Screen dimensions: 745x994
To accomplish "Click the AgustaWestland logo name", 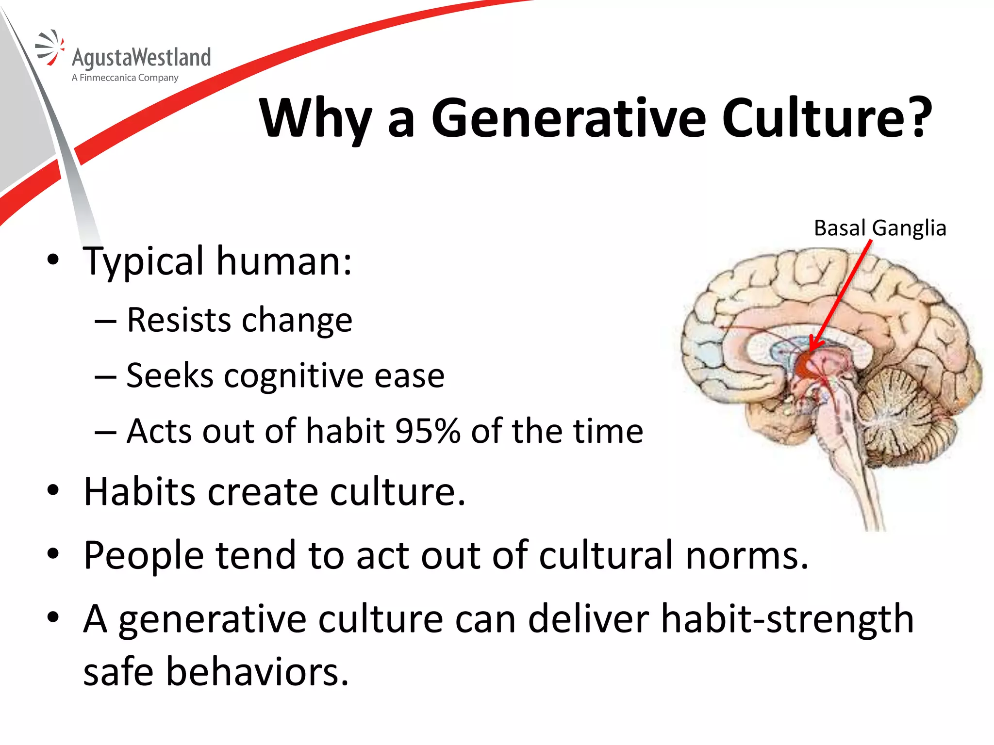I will (x=141, y=58).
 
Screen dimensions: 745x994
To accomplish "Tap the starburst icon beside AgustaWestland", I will (x=50, y=48).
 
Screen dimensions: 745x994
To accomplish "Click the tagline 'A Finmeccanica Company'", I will (x=125, y=78).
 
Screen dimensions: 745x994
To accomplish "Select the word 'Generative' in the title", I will (x=568, y=118).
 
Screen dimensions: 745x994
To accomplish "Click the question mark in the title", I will (x=917, y=118).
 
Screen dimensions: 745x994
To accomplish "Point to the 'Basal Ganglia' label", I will (x=880, y=228).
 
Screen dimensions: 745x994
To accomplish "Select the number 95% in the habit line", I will (x=428, y=431).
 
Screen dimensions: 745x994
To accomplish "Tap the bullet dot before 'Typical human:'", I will (x=53, y=260).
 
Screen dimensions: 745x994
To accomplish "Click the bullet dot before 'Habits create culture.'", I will (x=53, y=491).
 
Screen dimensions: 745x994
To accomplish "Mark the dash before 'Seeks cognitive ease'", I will (x=105, y=377).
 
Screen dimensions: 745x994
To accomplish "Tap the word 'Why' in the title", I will (x=316, y=118).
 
